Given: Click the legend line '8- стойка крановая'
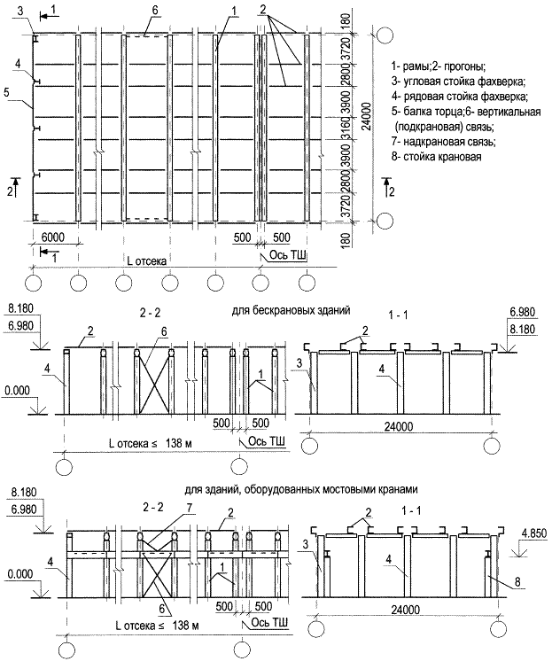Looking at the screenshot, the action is (436, 158).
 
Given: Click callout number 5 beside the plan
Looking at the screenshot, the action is (6, 91).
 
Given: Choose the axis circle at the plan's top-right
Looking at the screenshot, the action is (384, 36).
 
